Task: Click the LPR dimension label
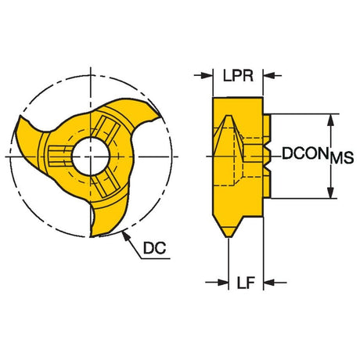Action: (x=238, y=76)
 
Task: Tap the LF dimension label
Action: (x=246, y=283)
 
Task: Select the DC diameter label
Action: (x=154, y=248)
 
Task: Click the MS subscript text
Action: (x=342, y=158)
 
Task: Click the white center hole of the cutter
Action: (x=91, y=157)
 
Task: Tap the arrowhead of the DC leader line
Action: (x=125, y=236)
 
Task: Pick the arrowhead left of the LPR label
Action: (x=207, y=76)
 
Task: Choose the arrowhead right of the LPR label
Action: (x=269, y=76)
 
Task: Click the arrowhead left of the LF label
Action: (x=222, y=283)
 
